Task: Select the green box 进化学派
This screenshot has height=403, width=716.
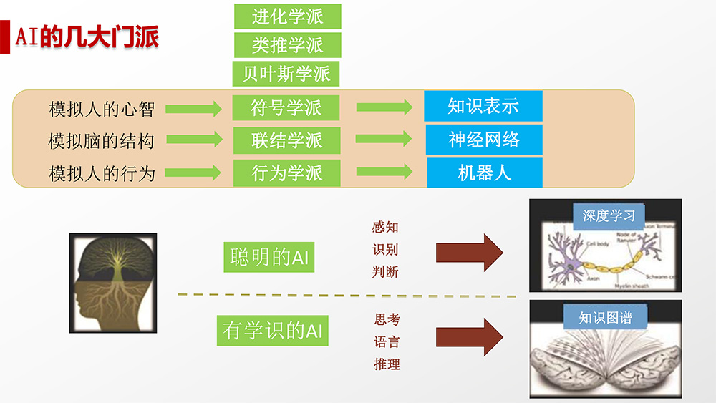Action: tap(287, 16)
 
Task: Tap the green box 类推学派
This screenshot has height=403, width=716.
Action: tap(287, 44)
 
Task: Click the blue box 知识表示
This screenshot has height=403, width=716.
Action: tap(483, 106)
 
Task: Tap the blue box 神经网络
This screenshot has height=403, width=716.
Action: tap(484, 139)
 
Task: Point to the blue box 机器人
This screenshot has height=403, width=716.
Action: tap(484, 173)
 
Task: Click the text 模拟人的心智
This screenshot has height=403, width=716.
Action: tap(102, 109)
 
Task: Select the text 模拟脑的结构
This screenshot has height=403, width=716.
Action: tap(101, 140)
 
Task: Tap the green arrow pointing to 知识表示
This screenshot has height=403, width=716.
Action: tap(384, 107)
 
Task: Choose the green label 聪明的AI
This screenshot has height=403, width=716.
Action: tap(269, 258)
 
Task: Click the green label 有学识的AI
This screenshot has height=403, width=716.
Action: tap(272, 331)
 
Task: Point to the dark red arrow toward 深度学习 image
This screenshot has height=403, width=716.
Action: tap(469, 252)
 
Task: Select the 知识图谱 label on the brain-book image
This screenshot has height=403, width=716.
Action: tap(605, 317)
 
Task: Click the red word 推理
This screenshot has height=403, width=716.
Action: tap(387, 364)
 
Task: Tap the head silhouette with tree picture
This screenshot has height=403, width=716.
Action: tap(112, 283)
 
